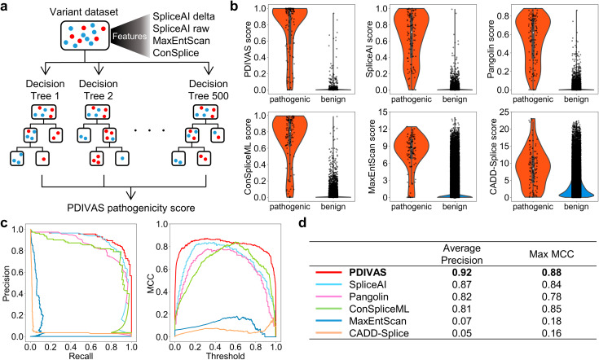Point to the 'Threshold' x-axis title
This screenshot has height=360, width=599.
[x=217, y=353]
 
